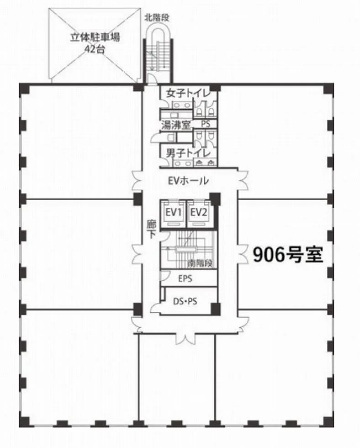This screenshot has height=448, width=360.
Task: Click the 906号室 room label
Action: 288,254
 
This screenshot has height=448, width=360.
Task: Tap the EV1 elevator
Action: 173,213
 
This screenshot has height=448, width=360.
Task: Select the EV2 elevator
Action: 199,213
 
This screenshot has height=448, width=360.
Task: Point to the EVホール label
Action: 188,181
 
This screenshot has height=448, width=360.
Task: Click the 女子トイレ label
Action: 188,93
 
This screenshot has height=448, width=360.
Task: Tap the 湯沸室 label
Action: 176,125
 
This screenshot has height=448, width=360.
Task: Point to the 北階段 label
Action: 157,18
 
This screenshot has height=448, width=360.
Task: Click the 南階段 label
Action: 200,263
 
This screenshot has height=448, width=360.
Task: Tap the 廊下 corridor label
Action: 152,229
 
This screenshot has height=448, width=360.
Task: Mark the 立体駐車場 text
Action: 95,37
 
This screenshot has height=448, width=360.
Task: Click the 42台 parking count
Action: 95,49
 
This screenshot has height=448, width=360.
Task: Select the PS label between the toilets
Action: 206,124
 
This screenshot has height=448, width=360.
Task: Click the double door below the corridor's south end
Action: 185,339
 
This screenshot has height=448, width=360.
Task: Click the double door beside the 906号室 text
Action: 243,253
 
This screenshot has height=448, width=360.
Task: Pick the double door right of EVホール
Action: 243,181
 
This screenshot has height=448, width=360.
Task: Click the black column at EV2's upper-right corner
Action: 215,199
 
